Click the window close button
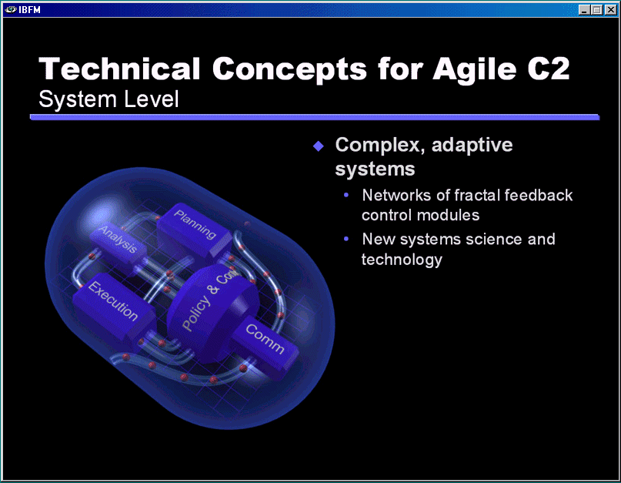click(610, 9)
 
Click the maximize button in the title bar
click(597, 9)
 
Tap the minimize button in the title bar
click(584, 9)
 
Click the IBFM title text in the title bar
click(30, 9)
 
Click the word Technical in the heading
click(119, 69)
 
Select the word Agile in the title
click(475, 70)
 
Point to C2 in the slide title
click(549, 69)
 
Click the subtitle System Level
click(109, 99)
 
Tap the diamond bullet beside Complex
click(319, 146)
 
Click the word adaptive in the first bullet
click(472, 145)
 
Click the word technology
click(402, 260)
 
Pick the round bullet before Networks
click(346, 195)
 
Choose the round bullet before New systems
click(346, 239)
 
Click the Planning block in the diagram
click(194, 231)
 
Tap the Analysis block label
click(118, 239)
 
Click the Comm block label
click(265, 339)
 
